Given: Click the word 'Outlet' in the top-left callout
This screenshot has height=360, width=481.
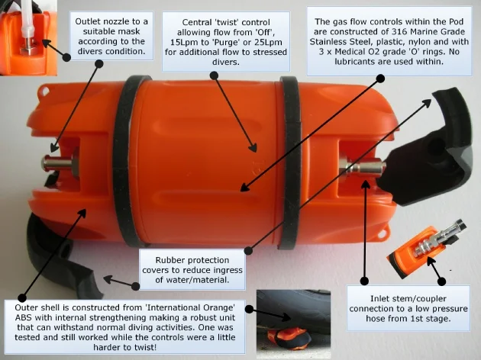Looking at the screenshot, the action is [87, 21].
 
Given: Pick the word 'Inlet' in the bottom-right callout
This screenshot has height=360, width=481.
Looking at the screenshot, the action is [379, 298].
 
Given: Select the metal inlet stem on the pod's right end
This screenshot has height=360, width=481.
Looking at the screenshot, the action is [362, 168].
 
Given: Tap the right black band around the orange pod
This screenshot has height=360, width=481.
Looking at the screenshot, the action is [291, 162].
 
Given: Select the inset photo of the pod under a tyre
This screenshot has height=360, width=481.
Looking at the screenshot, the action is [294, 324].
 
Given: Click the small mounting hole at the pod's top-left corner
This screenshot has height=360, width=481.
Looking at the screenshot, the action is [46, 92].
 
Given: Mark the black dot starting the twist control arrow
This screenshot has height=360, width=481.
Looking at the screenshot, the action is [214, 76].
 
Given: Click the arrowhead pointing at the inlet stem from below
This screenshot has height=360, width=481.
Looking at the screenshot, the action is [365, 185].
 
